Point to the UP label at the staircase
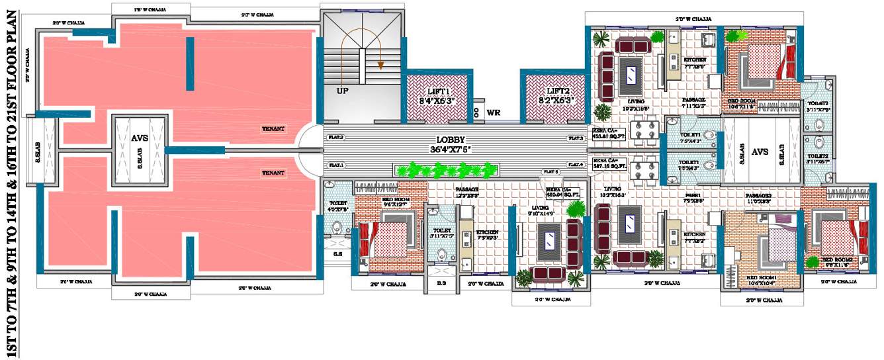tap(343, 91)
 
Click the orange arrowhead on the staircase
tap(380, 65)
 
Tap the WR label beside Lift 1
tap(493, 112)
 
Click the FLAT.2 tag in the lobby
tap(335, 138)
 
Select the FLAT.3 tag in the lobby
tap(575, 138)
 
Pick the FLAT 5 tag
tap(552, 171)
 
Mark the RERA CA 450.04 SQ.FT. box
tap(562, 192)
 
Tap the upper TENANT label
tap(273, 128)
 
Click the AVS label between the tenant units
tap(139, 139)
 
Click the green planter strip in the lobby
tap(446, 171)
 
